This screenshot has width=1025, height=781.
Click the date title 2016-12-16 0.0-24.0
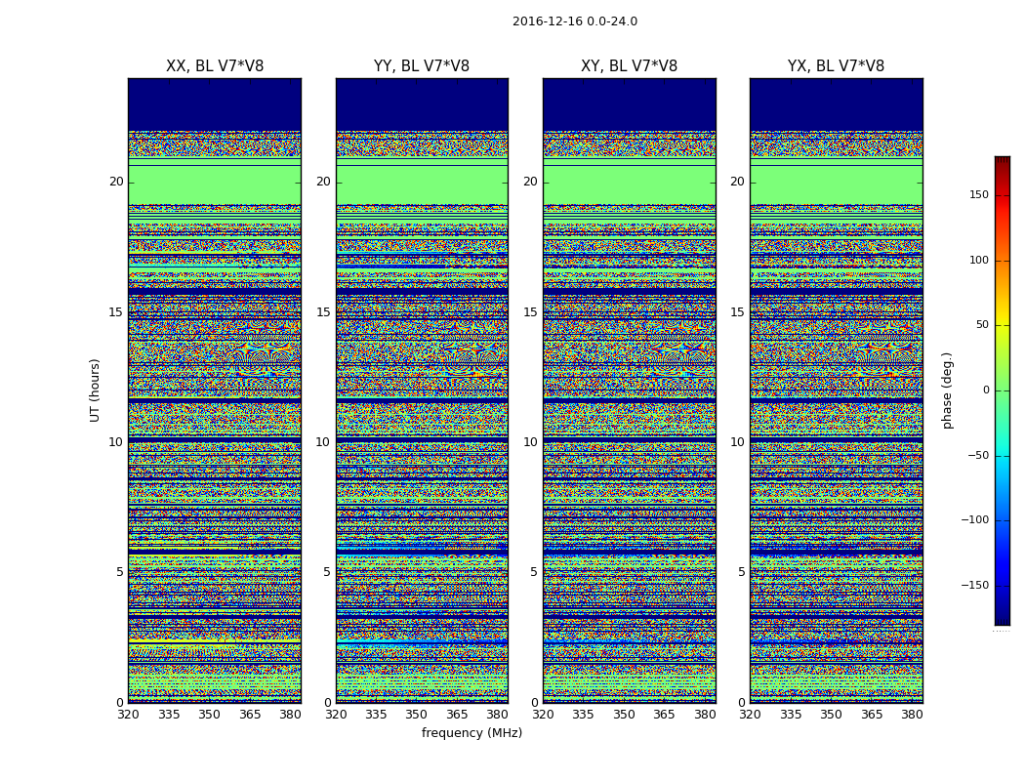point(574,21)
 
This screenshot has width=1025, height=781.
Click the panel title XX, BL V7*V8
point(215,66)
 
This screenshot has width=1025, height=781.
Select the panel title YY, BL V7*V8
point(422,66)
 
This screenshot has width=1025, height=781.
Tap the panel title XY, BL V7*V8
point(629,66)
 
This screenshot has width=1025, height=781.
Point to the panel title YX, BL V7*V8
point(836,66)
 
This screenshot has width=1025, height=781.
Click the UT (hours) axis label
point(95,390)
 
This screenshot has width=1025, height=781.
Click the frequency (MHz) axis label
point(471,733)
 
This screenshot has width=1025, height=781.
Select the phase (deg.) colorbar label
point(947,390)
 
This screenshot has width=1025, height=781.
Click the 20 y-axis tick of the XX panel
point(116,182)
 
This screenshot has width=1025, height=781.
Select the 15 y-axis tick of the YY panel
point(323,312)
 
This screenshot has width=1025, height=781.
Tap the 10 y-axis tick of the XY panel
point(530,442)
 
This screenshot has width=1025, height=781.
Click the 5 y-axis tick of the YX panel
point(741,572)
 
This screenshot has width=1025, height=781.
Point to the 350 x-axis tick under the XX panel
point(209,715)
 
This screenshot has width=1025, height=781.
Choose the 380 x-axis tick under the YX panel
point(912,715)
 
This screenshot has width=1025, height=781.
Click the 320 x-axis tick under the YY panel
point(336,715)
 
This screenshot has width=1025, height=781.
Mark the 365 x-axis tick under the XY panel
point(664,715)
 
